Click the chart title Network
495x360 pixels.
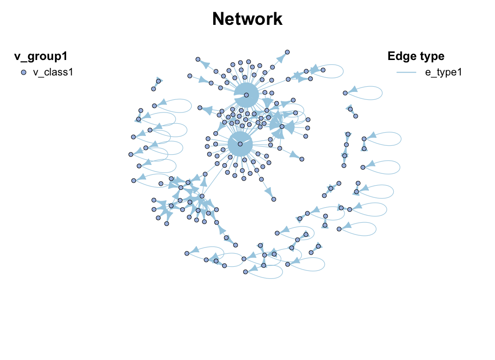247,19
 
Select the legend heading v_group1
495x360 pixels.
41,57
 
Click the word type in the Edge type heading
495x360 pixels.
431,57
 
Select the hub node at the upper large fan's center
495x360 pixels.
246,95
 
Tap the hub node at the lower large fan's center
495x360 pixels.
240,144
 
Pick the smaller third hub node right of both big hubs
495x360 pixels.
281,127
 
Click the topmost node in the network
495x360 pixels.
287,52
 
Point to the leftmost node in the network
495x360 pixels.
131,154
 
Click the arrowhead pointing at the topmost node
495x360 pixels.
281,58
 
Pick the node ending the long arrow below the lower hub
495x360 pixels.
274,199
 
